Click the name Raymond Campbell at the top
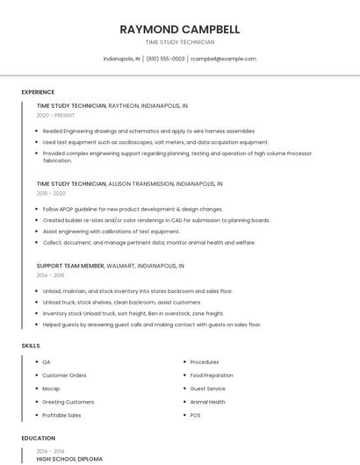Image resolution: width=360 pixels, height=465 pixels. tap(179, 29)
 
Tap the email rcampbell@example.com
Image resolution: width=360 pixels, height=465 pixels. tap(223, 59)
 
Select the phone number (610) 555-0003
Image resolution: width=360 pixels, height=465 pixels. tap(165, 59)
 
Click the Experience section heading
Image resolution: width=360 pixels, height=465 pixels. tap(38, 92)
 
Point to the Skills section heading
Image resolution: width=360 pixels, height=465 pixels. tap(31, 346)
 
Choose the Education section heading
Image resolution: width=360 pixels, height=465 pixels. tap(38, 438)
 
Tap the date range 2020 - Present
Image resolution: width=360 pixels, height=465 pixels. tap(55, 115)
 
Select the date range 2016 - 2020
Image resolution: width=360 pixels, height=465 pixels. tap(51, 193)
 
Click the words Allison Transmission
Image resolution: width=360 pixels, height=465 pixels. tap(140, 184)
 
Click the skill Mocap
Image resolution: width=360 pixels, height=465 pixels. tap(51, 388)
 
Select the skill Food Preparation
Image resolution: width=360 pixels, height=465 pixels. tap(212, 375)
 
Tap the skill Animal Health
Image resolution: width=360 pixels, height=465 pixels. tap(207, 402)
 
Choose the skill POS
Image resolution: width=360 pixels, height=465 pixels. tap(195, 415)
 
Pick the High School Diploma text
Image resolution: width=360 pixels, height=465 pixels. tap(69, 459)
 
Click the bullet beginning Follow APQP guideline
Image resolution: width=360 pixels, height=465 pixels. tap(132, 209)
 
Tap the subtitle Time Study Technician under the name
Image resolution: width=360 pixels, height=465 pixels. tap(179, 42)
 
